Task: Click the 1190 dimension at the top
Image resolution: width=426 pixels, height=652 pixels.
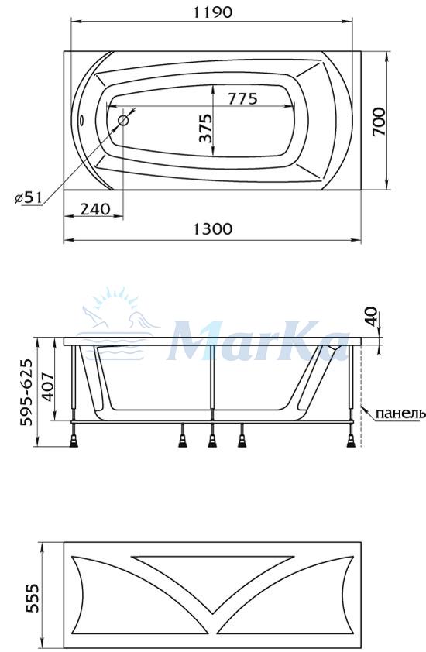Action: tap(212, 12)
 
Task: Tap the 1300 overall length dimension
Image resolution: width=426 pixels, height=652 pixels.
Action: tap(212, 229)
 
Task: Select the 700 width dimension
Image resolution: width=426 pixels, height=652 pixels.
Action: tap(379, 122)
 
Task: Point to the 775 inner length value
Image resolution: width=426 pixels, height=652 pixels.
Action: tap(242, 98)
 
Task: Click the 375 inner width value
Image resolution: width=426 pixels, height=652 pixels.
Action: tap(205, 128)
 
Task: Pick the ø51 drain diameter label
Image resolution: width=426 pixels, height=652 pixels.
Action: tap(29, 197)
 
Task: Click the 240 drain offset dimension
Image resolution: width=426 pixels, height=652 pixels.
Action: tap(94, 209)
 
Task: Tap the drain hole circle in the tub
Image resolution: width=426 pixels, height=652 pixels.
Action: tap(123, 121)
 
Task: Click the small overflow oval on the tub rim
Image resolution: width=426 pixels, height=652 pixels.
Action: tap(82, 121)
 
